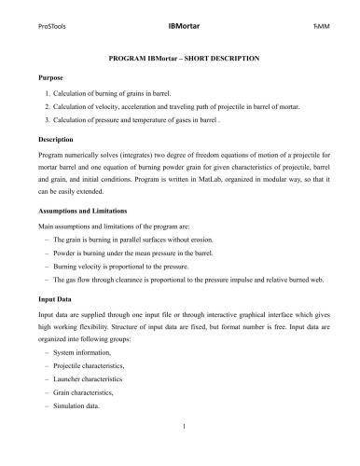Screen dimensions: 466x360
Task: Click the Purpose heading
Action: [52, 79]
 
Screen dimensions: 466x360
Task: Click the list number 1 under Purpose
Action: [48, 95]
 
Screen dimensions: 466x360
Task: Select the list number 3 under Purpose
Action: [48, 121]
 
